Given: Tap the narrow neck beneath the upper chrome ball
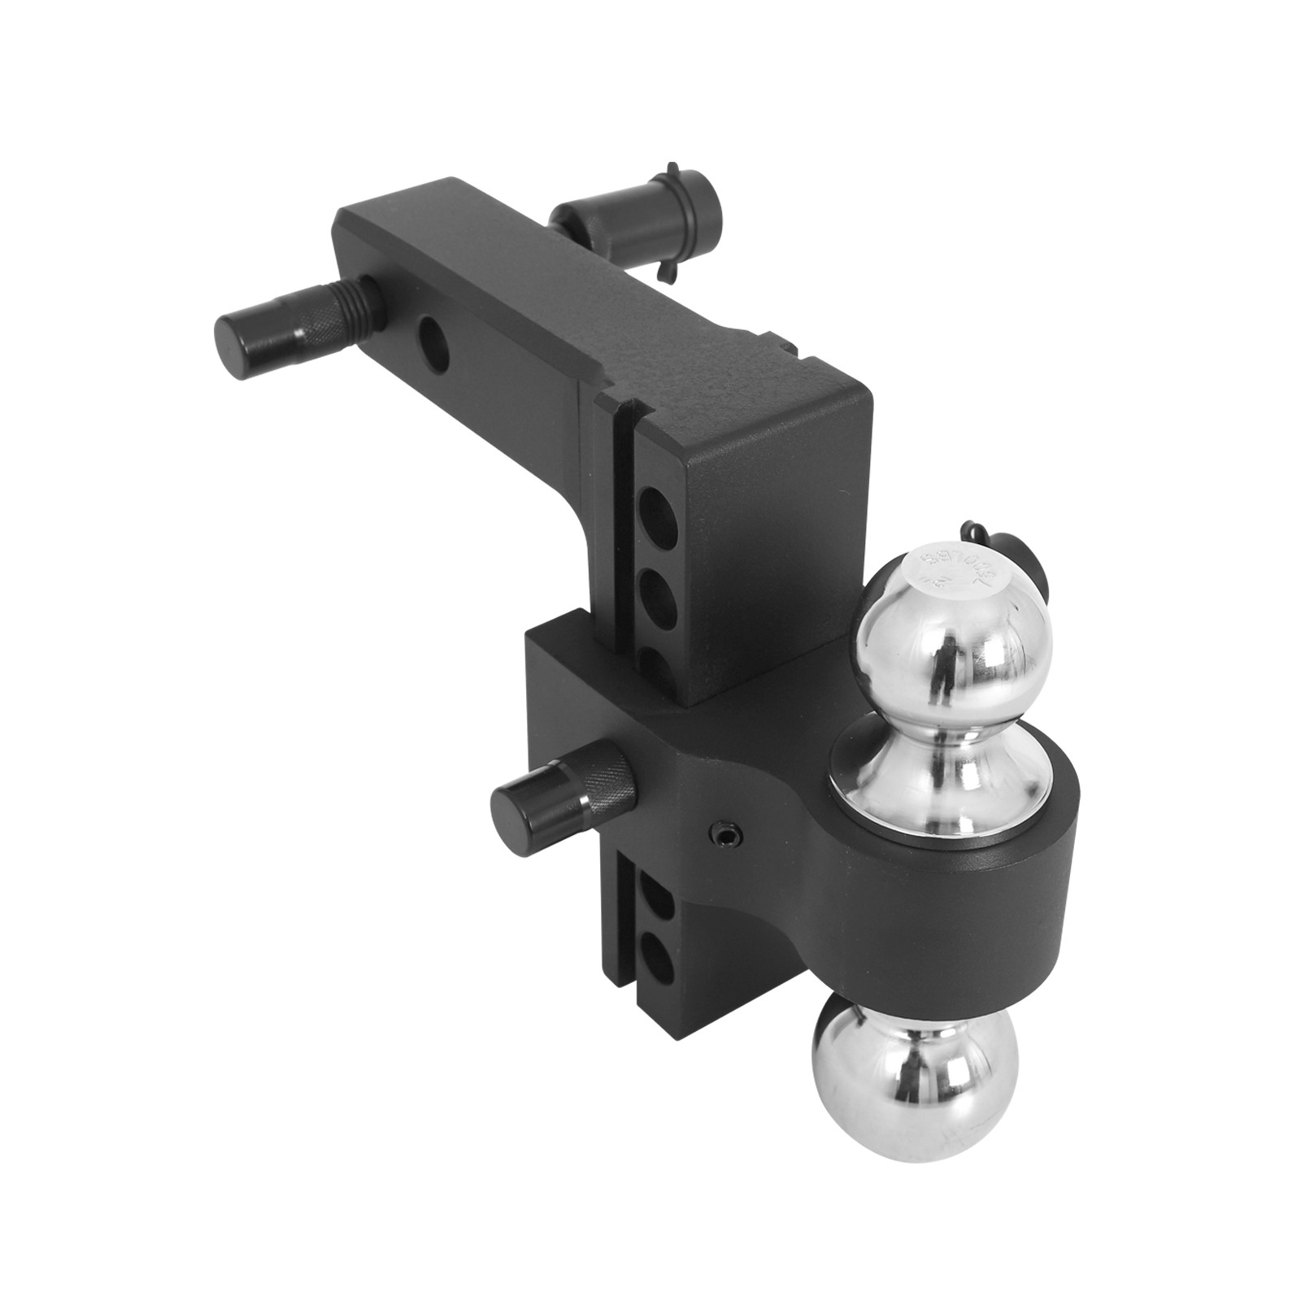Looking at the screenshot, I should click(x=943, y=732).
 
